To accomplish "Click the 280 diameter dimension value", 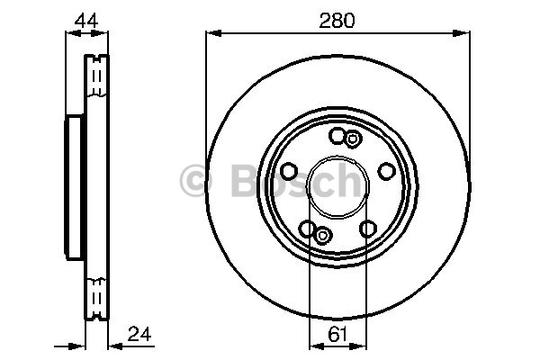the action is click(x=337, y=21).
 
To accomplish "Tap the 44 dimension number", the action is click(x=86, y=21).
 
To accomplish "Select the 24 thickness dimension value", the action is click(x=139, y=334).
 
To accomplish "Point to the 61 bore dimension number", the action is click(x=337, y=334).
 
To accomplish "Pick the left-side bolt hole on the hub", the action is click(x=289, y=171).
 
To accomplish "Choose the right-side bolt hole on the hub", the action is click(x=386, y=171).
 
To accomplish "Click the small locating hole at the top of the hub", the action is click(x=352, y=139).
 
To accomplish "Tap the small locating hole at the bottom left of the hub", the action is click(x=323, y=236).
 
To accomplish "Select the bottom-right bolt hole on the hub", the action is click(x=368, y=229).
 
